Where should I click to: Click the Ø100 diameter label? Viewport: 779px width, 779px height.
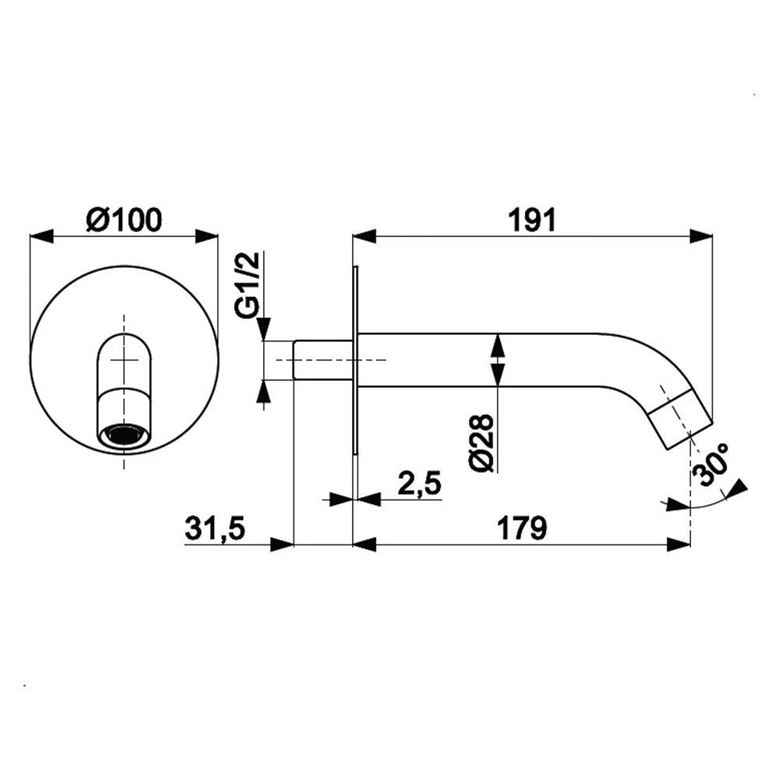[124, 220]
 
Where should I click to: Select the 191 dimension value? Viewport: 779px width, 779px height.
[531, 220]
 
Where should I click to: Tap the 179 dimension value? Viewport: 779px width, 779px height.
[522, 528]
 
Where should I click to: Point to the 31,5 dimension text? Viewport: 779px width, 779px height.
[215, 528]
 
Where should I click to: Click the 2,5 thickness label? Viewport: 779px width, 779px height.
[420, 483]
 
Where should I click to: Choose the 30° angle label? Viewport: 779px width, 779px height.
[711, 464]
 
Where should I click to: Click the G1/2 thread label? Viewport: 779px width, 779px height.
[248, 284]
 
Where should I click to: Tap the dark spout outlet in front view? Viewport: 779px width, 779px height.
[124, 435]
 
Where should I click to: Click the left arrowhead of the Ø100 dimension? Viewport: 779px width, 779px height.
[41, 237]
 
